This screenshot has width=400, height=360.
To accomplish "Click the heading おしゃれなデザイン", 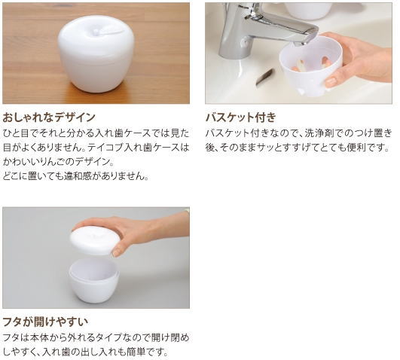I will [49, 117].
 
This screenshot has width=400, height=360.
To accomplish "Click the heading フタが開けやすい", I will [44, 322].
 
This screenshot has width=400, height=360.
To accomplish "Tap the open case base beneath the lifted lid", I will [93, 279].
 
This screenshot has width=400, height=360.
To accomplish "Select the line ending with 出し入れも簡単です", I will [84, 352].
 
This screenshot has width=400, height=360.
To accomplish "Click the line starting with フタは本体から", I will [96, 337].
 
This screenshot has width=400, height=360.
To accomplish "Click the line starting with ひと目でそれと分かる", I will [96, 133].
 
